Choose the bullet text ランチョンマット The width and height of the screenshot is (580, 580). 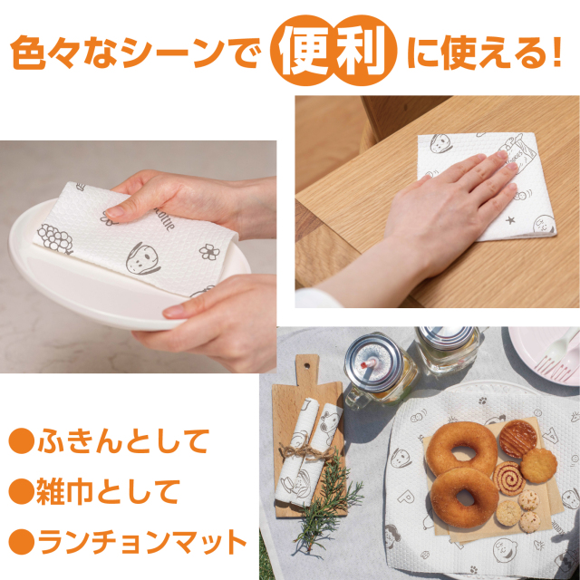tap(140, 543)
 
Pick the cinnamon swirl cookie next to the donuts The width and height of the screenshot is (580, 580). tap(509, 478)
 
